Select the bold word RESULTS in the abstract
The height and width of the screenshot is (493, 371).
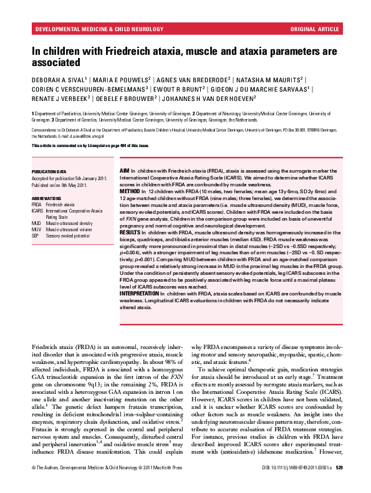[130, 231]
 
